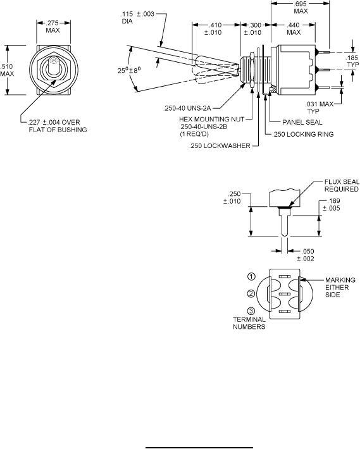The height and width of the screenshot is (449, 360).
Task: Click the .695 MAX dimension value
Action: pos(301,8)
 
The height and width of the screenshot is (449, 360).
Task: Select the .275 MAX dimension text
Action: pos(53,27)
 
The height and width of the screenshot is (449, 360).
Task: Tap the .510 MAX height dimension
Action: pos(6,70)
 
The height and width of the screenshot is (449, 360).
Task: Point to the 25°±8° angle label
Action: pos(129,70)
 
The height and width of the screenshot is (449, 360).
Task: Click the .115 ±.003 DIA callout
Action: pos(137,18)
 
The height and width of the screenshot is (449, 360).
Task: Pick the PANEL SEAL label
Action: pos(302,122)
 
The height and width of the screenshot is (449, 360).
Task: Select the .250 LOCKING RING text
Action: pos(302,134)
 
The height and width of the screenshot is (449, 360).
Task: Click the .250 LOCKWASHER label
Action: pos(220,145)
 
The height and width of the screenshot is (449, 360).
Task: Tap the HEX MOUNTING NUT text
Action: pos(212,119)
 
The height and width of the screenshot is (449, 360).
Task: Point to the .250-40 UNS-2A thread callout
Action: pos(187,108)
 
